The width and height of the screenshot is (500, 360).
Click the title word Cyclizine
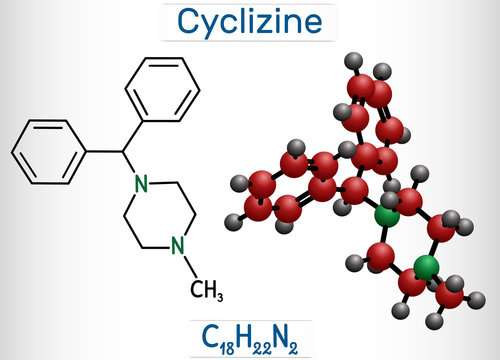point(250,20)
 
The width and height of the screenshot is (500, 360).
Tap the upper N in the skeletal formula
point(142,183)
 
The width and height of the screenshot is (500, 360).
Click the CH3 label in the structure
point(204,292)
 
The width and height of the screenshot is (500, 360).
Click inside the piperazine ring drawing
point(159,214)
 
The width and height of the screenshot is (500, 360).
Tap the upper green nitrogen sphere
point(385,215)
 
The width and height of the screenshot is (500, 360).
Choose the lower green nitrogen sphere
point(426,267)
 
